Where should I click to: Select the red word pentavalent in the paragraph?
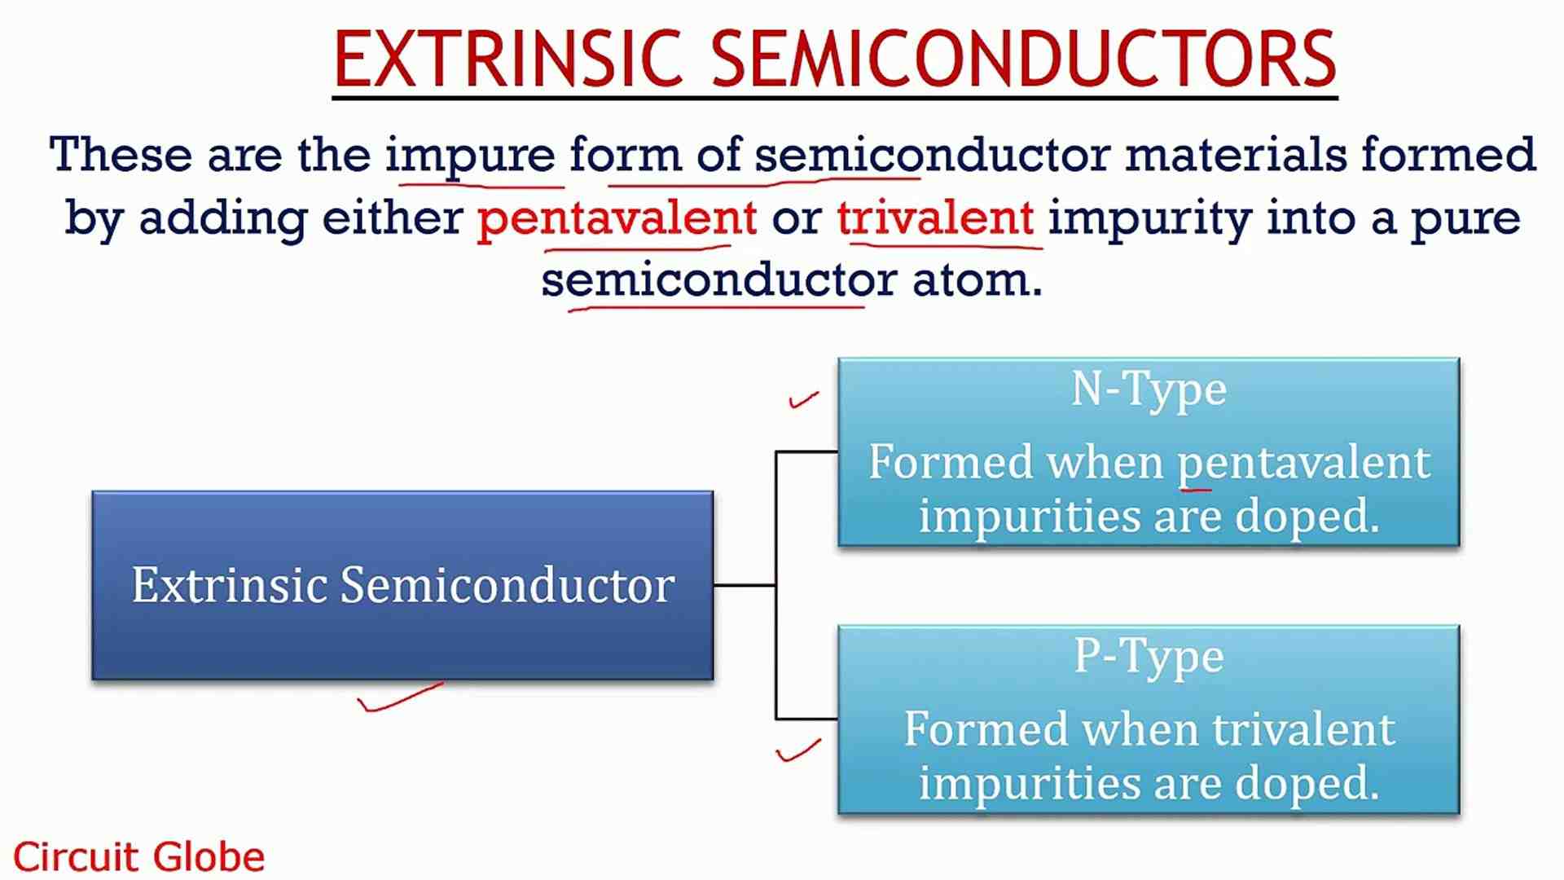click(x=617, y=218)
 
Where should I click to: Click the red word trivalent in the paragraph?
click(x=935, y=218)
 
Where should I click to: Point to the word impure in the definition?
click(x=470, y=155)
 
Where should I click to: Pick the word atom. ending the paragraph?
click(x=977, y=280)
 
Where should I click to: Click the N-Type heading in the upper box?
click(x=1149, y=389)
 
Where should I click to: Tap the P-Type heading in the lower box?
click(x=1149, y=657)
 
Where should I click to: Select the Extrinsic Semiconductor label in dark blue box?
click(x=403, y=585)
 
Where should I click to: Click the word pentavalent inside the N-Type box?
click(x=1303, y=463)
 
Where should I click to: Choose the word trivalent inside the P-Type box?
click(x=1303, y=729)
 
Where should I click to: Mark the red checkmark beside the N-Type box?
click(x=803, y=399)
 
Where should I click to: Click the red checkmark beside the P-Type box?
click(x=798, y=750)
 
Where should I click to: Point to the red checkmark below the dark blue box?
click(x=399, y=698)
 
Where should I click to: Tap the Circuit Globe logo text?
click(x=138, y=857)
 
